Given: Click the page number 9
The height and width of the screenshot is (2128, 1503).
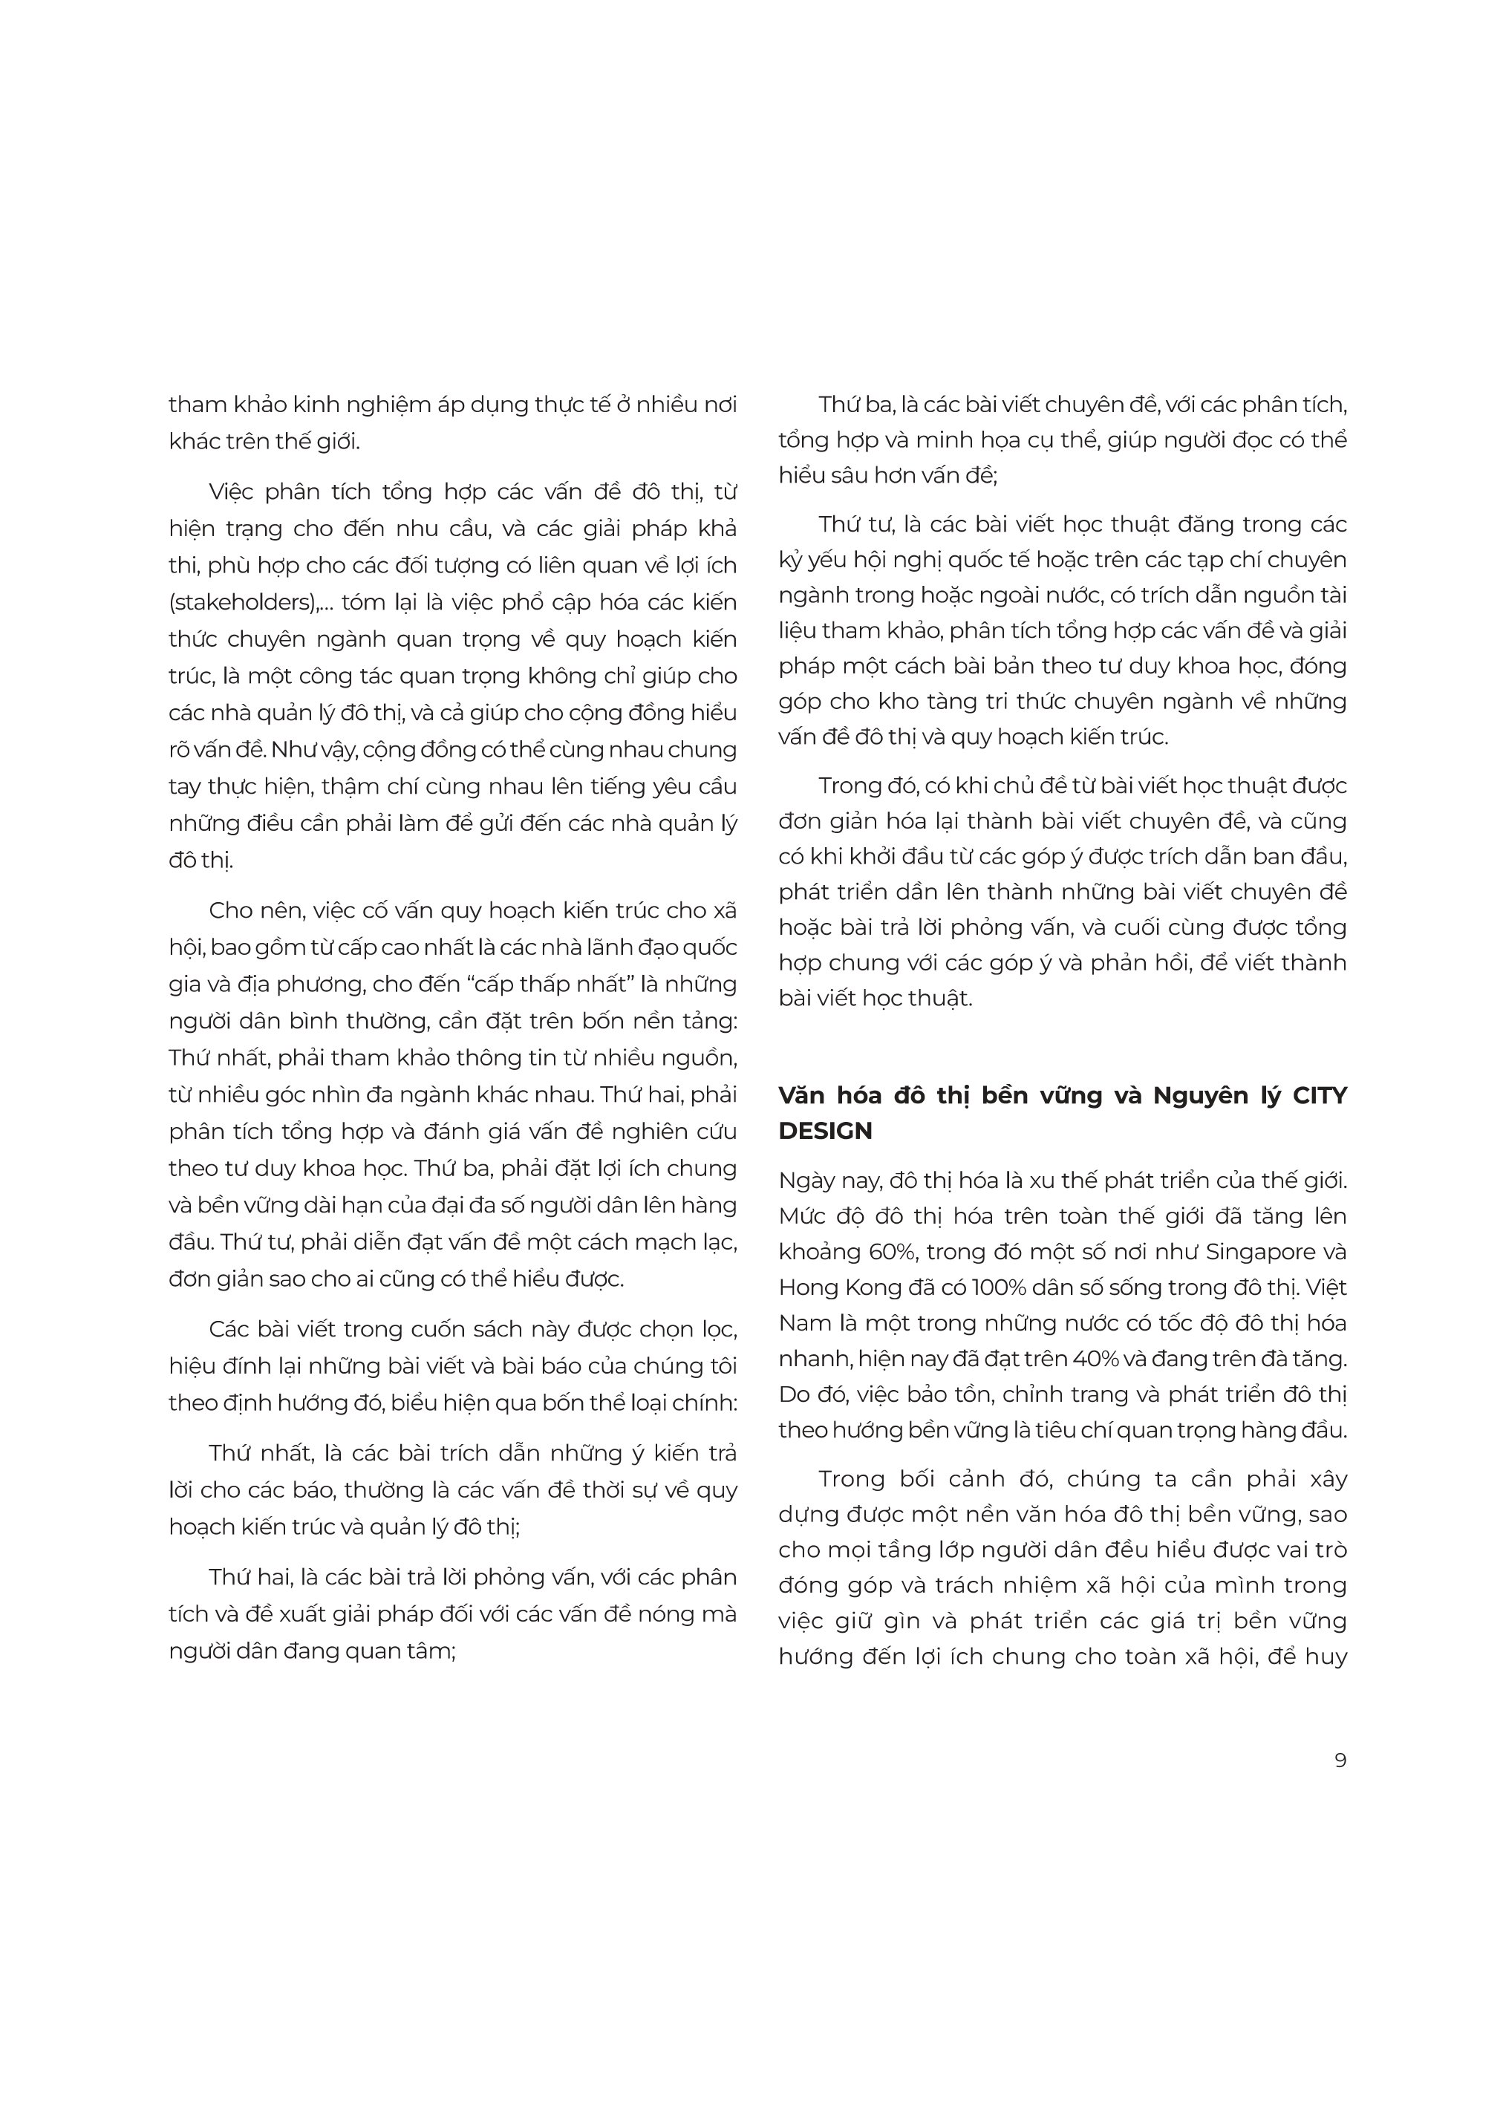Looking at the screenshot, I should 1340,1760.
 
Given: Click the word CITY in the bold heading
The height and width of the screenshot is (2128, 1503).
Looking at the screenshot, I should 1320,1095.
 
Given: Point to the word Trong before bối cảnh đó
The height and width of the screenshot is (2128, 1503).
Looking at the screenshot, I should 850,1479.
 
